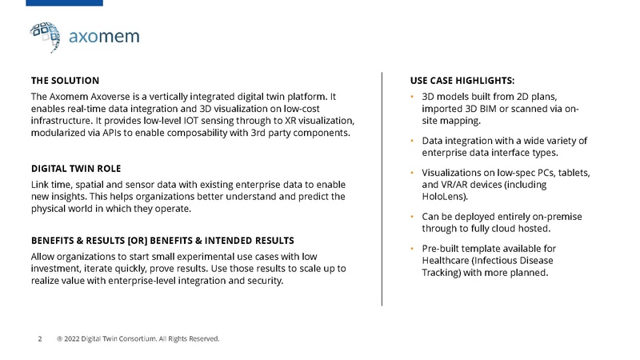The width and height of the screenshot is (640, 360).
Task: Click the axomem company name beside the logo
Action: [x=104, y=37]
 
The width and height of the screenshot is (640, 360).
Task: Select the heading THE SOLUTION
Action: [x=65, y=81]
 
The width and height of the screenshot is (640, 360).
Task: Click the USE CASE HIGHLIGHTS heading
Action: [x=462, y=81]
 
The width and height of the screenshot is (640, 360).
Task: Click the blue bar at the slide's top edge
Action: [x=51, y=3]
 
